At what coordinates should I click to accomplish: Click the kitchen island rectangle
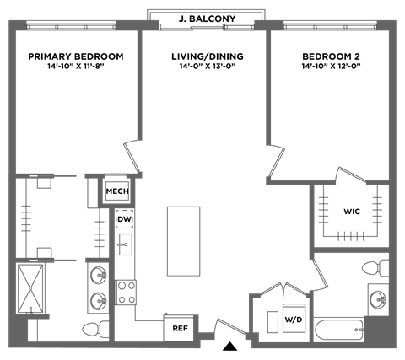click(182, 240)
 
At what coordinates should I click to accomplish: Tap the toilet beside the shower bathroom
click(94, 327)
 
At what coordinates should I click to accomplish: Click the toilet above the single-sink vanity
click(372, 269)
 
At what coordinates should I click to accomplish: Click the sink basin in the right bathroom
click(377, 297)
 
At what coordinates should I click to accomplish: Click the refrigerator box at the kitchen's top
click(115, 191)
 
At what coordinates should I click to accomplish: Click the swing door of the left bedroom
click(133, 155)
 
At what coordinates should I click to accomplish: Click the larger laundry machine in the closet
click(293, 318)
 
